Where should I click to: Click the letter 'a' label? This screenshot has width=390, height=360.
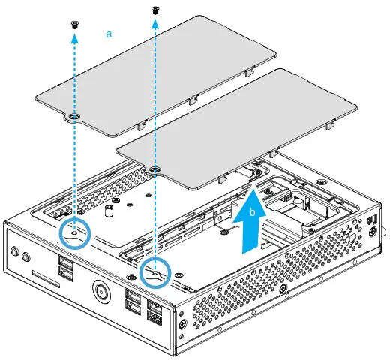point(110,34)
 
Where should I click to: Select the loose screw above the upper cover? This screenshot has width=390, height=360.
point(74,24)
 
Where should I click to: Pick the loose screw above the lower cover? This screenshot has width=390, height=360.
point(155,10)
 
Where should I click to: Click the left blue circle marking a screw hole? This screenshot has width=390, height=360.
point(74,234)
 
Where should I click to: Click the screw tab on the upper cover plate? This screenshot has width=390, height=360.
point(74,118)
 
